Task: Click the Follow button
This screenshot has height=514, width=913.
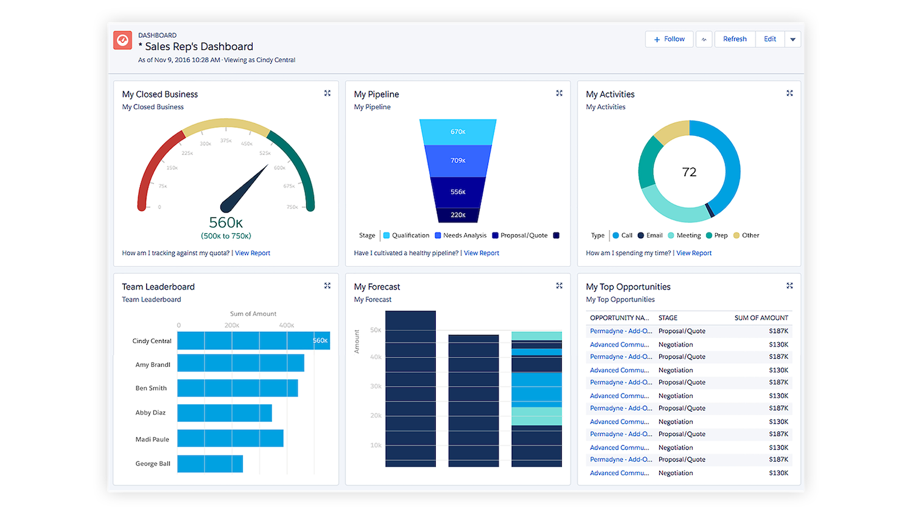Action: pyautogui.click(x=669, y=39)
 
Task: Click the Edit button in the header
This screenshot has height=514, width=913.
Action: pyautogui.click(x=770, y=39)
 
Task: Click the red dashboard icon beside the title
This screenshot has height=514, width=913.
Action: pyautogui.click(x=123, y=40)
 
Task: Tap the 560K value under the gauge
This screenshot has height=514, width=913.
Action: pyautogui.click(x=226, y=223)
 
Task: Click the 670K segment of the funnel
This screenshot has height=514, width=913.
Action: pyautogui.click(x=458, y=132)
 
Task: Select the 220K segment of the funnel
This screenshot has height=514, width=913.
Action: pyautogui.click(x=458, y=215)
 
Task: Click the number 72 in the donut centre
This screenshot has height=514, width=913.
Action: pyautogui.click(x=689, y=172)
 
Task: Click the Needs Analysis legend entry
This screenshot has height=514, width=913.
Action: pyautogui.click(x=461, y=236)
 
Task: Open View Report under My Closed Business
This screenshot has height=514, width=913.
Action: pyautogui.click(x=253, y=253)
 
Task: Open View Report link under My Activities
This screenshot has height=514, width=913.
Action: pyautogui.click(x=694, y=253)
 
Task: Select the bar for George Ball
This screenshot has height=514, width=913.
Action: pyautogui.click(x=210, y=464)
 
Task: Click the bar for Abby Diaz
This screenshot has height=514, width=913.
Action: pyautogui.click(x=225, y=413)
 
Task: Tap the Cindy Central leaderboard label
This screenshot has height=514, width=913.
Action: pyautogui.click(x=152, y=341)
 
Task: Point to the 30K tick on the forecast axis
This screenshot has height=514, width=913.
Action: pyautogui.click(x=376, y=386)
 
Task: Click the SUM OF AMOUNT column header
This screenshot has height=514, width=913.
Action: pyautogui.click(x=761, y=318)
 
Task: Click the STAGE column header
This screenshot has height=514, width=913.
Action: pyautogui.click(x=668, y=318)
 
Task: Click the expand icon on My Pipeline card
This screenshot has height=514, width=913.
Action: pyautogui.click(x=559, y=93)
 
